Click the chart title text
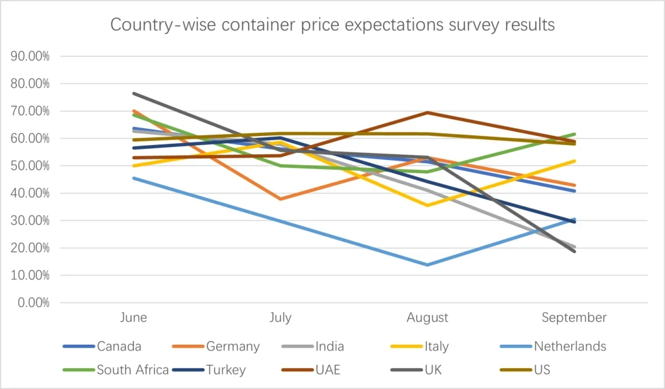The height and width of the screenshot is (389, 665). (x=332, y=25)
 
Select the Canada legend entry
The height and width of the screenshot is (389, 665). (x=119, y=346)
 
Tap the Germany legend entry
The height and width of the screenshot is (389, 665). (x=233, y=346)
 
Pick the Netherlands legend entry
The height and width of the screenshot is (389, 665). (x=570, y=346)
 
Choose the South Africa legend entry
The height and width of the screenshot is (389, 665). (x=132, y=370)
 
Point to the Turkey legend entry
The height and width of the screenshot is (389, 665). (x=226, y=370)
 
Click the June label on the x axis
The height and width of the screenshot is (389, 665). (x=133, y=317)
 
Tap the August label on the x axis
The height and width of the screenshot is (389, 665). (x=427, y=317)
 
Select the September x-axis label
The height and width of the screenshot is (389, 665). (x=574, y=317)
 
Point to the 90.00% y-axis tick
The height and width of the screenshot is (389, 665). (x=31, y=56)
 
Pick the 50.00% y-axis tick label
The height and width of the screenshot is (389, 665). (x=31, y=166)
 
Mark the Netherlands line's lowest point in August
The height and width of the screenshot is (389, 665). (x=427, y=265)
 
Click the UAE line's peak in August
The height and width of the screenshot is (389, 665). (x=427, y=113)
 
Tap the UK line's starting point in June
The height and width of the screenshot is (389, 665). (x=133, y=93)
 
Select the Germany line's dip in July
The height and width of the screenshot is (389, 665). (x=281, y=198)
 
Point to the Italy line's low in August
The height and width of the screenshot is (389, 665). (x=427, y=206)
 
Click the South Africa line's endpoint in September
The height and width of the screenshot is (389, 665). (x=574, y=134)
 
